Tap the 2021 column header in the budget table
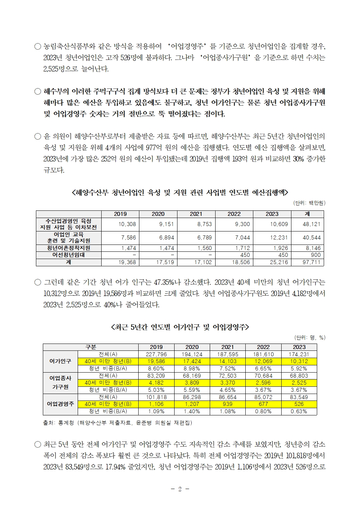(x=196, y=214)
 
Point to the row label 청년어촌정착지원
(x=69, y=248)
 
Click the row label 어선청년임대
(x=69, y=255)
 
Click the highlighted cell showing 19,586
(x=156, y=361)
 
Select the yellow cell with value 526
(x=299, y=404)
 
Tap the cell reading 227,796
(x=156, y=354)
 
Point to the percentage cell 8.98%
(x=192, y=368)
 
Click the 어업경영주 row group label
(x=61, y=404)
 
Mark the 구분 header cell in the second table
(x=91, y=347)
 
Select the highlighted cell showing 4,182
(x=156, y=383)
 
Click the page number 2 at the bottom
(x=180, y=489)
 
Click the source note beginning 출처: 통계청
(x=118, y=423)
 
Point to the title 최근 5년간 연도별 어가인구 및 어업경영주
(x=180, y=327)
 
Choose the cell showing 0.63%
(x=299, y=411)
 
